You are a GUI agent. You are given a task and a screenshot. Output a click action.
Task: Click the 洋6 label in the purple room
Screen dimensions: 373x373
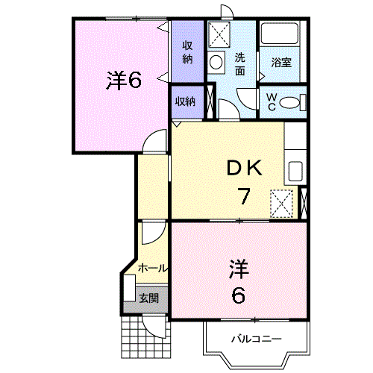click(124, 81)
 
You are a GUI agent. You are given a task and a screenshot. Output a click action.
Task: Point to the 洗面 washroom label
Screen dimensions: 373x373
click(240, 64)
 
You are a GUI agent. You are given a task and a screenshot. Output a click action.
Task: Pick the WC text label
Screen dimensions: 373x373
click(272, 101)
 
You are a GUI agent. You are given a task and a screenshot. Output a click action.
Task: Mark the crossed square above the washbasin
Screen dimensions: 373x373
click(219, 34)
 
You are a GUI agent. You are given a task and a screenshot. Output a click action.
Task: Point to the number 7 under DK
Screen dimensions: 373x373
click(243, 197)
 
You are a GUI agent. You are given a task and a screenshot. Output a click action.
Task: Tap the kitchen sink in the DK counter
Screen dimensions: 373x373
click(295, 171)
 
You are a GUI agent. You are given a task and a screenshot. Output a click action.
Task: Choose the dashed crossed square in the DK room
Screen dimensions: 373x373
click(281, 202)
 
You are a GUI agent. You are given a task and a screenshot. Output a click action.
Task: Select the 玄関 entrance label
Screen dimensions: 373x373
click(148, 298)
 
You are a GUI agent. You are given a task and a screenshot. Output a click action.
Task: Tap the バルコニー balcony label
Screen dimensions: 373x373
click(256, 339)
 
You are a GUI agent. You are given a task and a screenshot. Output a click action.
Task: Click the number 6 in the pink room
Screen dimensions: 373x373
click(237, 295)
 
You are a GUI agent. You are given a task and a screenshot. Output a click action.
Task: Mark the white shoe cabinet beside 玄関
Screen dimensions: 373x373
click(130, 288)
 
